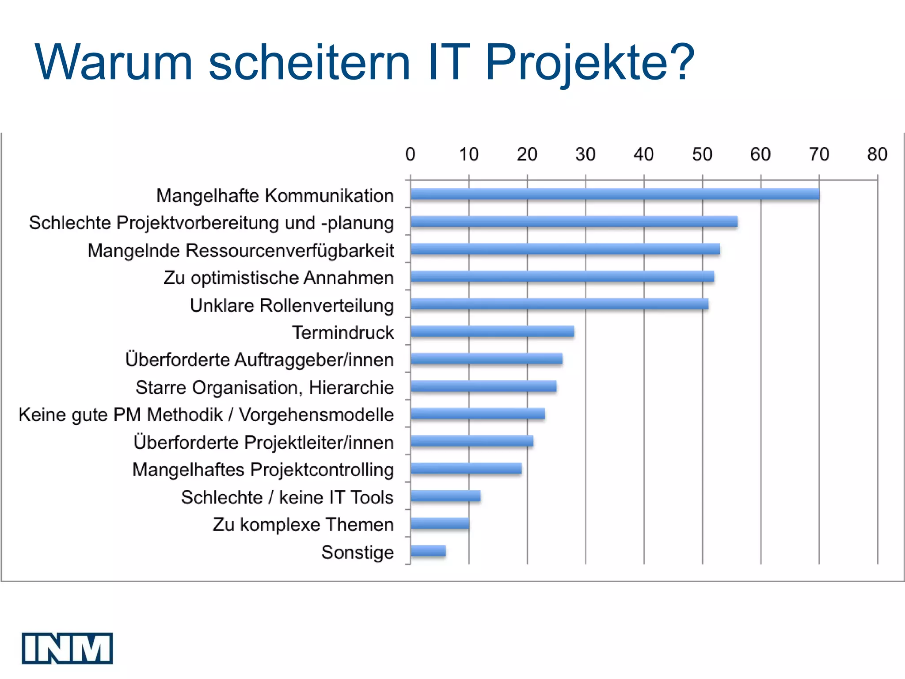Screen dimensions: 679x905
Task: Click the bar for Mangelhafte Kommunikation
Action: pyautogui.click(x=614, y=194)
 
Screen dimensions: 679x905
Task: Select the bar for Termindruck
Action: pyautogui.click(x=492, y=332)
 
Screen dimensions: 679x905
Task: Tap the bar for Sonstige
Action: pyautogui.click(x=428, y=551)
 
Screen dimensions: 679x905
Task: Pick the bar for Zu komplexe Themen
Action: pyautogui.click(x=440, y=523)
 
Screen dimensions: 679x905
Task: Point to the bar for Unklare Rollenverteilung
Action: pyautogui.click(x=559, y=304)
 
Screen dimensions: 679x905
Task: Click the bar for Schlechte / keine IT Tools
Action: pyautogui.click(x=445, y=496)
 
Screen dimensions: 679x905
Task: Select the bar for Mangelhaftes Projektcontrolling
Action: pyautogui.click(x=466, y=469)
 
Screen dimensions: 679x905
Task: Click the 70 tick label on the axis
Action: pyautogui.click(x=819, y=154)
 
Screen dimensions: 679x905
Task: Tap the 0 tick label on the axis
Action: pyautogui.click(x=410, y=154)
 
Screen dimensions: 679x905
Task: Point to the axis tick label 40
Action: pyautogui.click(x=643, y=154)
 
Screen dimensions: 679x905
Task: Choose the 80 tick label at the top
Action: pyautogui.click(x=877, y=154)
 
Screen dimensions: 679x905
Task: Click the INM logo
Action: pyautogui.click(x=67, y=648)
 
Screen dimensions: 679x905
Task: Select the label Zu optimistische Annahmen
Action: pyautogui.click(x=278, y=278)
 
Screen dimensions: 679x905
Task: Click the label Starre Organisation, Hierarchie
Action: pyautogui.click(x=264, y=387)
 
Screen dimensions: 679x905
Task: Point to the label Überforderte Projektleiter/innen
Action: pyautogui.click(x=263, y=442)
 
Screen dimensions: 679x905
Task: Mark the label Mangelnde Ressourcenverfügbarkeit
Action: pyautogui.click(x=240, y=250)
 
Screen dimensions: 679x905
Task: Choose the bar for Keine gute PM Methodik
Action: pyautogui.click(x=477, y=414)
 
